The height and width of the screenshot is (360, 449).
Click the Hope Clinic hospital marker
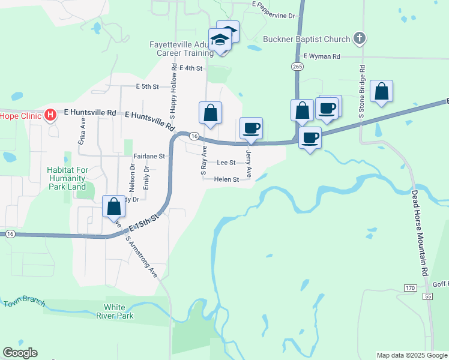pyautogui.click(x=50, y=114)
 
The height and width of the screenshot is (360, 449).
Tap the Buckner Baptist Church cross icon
pyautogui.click(x=359, y=39)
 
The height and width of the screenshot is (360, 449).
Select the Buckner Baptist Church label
pyautogui.click(x=307, y=40)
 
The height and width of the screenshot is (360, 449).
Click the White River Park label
pyautogui.click(x=120, y=311)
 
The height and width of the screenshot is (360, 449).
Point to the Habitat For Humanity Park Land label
pyautogui.click(x=68, y=178)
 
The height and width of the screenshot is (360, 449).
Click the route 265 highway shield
pyautogui.click(x=298, y=67)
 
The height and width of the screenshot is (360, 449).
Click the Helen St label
pyautogui.click(x=228, y=179)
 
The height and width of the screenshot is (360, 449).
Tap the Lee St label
pyautogui.click(x=226, y=163)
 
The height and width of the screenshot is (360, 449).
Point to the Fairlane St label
pyautogui.click(x=149, y=156)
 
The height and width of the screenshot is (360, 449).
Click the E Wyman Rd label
pyautogui.click(x=322, y=56)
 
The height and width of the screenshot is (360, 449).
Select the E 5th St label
pyautogui.click(x=147, y=87)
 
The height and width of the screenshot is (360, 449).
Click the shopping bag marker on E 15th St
pyautogui.click(x=114, y=207)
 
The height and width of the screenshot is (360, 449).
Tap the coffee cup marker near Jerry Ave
pyautogui.click(x=251, y=128)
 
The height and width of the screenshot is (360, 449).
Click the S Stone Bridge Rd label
pyautogui.click(x=362, y=93)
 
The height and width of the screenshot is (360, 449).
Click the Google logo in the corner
pyautogui.click(x=20, y=353)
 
